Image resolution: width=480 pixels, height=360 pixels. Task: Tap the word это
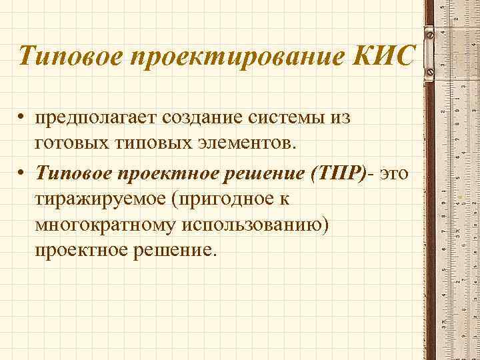[397, 173]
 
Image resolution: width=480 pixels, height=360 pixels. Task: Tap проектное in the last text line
[80, 251]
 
